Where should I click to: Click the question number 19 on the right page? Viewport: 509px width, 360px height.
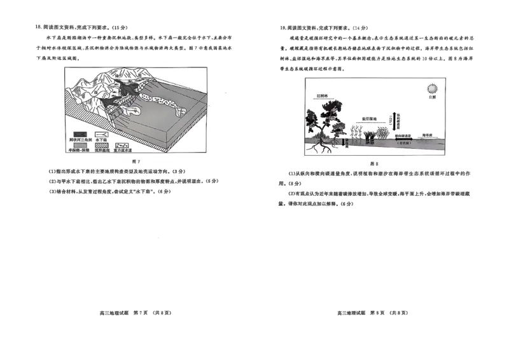[282, 28]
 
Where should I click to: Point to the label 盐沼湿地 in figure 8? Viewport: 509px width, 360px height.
[370, 119]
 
